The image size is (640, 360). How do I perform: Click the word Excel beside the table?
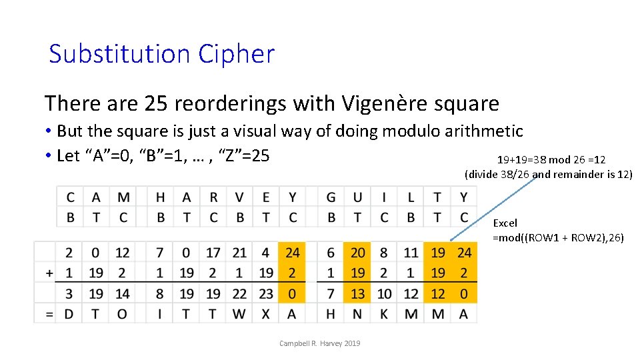pyautogui.click(x=505, y=223)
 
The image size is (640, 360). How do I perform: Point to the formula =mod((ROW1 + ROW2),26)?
pyautogui.click(x=558, y=237)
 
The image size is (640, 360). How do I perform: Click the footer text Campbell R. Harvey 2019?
pyautogui.click(x=320, y=343)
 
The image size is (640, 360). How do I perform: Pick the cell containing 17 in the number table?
pyautogui.click(x=213, y=253)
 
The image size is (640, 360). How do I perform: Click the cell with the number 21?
pyautogui.click(x=240, y=253)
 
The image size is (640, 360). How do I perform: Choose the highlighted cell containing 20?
pyautogui.click(x=358, y=253)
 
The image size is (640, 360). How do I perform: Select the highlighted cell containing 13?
pyautogui.click(x=358, y=293)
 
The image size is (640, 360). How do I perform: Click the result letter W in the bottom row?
pyautogui.click(x=240, y=313)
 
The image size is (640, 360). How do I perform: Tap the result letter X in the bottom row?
pyautogui.click(x=266, y=313)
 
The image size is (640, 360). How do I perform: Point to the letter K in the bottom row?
pyautogui.click(x=385, y=313)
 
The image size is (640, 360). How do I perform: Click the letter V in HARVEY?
pyautogui.click(x=240, y=197)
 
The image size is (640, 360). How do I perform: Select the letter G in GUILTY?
pyautogui.click(x=331, y=197)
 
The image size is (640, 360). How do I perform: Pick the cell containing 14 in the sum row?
pyautogui.click(x=123, y=293)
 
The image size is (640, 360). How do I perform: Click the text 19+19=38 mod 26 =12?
pyautogui.click(x=551, y=160)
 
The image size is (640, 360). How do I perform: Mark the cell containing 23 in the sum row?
pyautogui.click(x=266, y=293)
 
